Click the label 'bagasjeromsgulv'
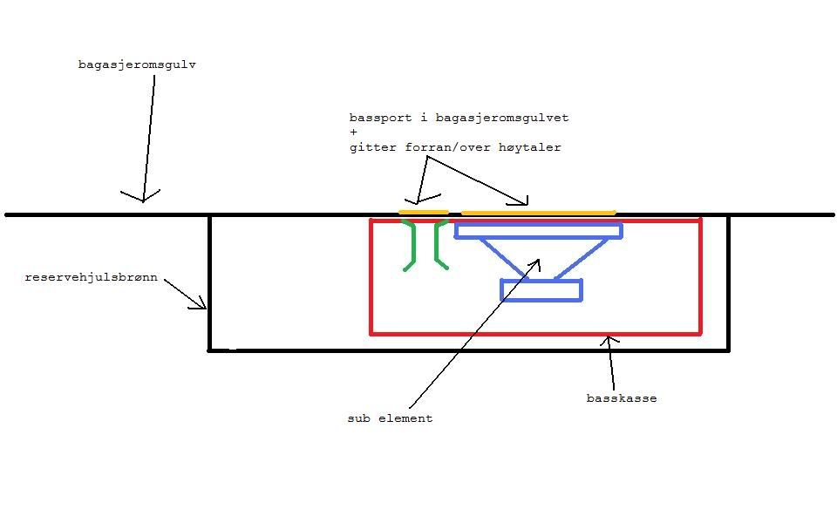(x=137, y=65)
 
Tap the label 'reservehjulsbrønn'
(x=91, y=278)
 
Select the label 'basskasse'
(x=621, y=398)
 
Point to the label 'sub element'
(x=390, y=418)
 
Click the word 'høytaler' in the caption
(x=530, y=147)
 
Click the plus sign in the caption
(x=353, y=132)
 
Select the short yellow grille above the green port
(x=424, y=212)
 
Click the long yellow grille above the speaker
(x=538, y=212)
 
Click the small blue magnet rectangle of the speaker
(x=541, y=290)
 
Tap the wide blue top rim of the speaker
(x=539, y=231)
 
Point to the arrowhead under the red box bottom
(x=609, y=341)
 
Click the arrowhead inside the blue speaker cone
(x=535, y=262)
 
